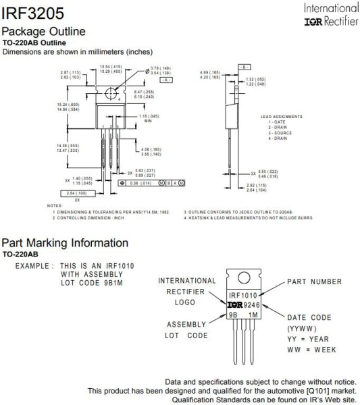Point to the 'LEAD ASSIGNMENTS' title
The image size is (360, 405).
click(281, 116)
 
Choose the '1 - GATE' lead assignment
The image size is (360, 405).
click(278, 122)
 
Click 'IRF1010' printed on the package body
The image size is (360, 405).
click(242, 296)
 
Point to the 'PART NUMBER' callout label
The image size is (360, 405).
click(315, 281)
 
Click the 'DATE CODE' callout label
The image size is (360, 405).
click(309, 317)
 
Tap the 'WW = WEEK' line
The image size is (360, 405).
click(312, 350)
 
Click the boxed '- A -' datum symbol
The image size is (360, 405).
click(165, 79)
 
